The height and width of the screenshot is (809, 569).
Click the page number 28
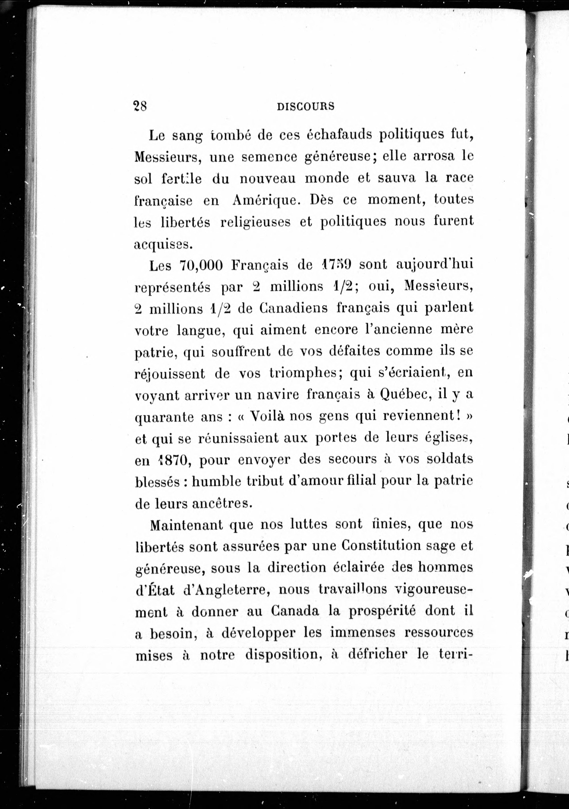click(140, 106)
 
